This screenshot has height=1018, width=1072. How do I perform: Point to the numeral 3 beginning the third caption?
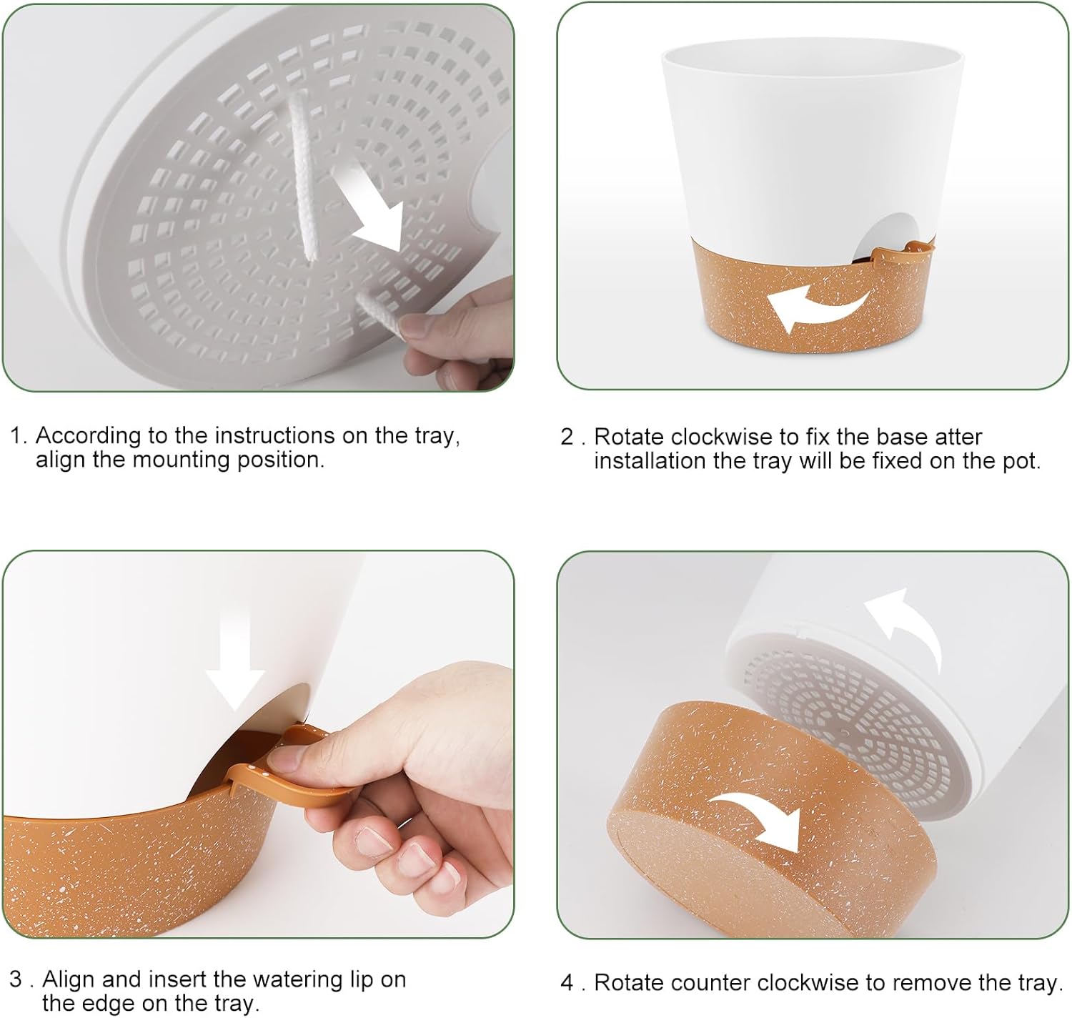(16, 979)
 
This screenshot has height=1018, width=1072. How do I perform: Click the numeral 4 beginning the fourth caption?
(567, 982)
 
